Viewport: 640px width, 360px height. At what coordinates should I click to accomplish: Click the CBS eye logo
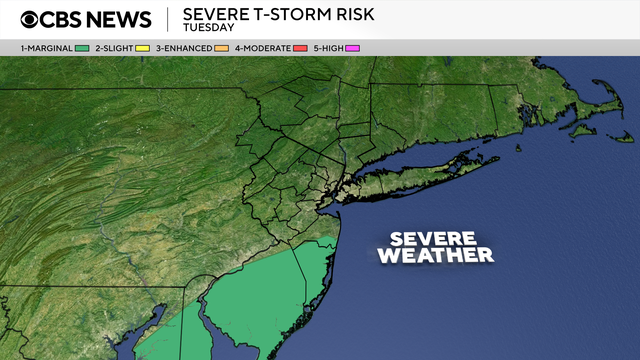click(32, 20)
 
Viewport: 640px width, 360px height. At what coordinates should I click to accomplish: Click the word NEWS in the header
click(118, 20)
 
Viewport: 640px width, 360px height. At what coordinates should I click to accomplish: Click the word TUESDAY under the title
click(208, 28)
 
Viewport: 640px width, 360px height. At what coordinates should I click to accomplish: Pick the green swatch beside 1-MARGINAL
click(82, 48)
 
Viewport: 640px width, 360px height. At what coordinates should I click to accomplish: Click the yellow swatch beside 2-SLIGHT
click(142, 48)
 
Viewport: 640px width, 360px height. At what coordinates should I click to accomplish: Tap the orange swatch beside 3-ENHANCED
click(221, 48)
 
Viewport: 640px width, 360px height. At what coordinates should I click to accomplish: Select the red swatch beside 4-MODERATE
click(298, 48)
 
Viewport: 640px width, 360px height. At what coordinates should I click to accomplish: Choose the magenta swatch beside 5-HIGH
click(352, 48)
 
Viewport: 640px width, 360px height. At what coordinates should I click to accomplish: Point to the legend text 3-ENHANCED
click(183, 48)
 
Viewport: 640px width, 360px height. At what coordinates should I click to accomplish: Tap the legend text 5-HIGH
click(328, 48)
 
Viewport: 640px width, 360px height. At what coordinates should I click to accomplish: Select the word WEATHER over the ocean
click(435, 256)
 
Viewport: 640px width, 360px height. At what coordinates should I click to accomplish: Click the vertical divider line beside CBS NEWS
click(167, 20)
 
